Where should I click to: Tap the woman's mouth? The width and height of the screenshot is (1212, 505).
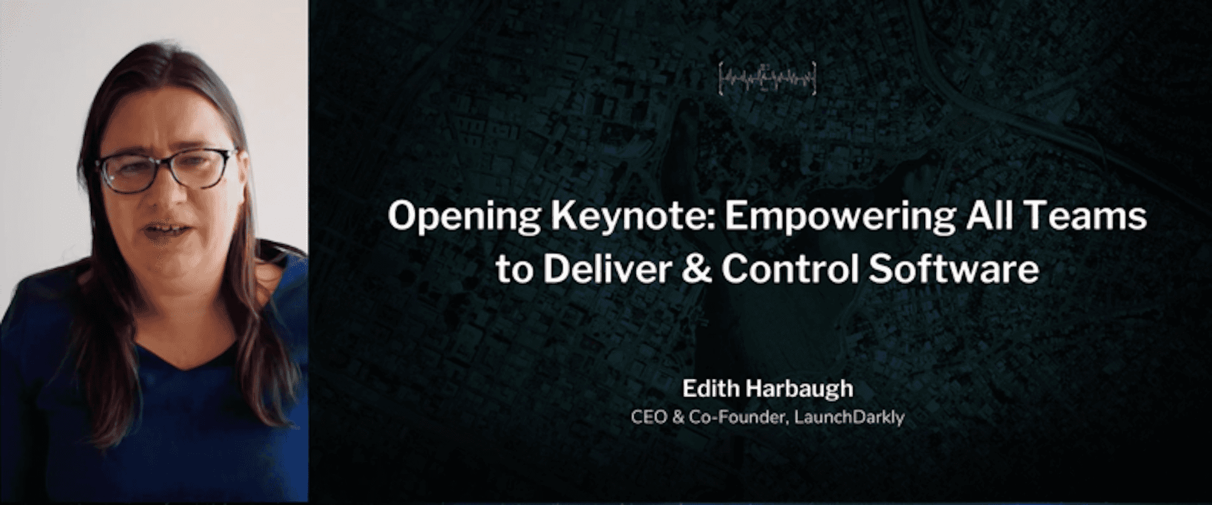[162, 230]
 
